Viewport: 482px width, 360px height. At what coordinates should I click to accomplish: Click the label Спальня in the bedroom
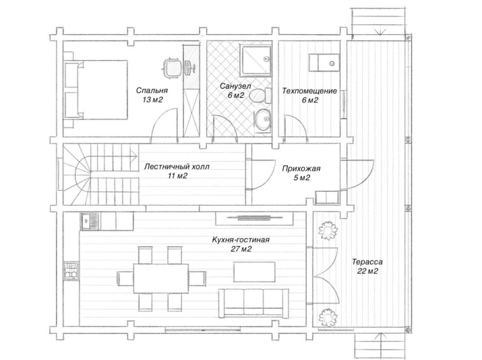point(152,90)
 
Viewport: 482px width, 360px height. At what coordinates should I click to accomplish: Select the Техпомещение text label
point(309,91)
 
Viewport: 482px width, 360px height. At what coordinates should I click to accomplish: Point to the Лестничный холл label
point(177,167)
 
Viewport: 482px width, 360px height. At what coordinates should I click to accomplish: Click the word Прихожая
point(301,169)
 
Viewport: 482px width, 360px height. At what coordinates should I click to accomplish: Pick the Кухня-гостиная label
point(241,239)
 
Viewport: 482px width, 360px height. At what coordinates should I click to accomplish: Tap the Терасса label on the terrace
point(367,262)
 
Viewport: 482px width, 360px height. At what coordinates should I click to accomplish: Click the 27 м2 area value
point(241,249)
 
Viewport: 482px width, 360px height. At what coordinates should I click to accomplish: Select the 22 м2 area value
point(367,271)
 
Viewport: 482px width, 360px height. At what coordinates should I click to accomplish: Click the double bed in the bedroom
point(96,90)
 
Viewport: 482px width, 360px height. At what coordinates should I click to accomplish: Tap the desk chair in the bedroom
point(171,67)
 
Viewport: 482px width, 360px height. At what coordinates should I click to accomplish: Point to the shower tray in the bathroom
point(256,61)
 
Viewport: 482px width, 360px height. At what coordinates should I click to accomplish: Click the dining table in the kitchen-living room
point(160,278)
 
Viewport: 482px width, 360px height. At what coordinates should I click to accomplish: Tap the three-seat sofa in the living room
point(253,303)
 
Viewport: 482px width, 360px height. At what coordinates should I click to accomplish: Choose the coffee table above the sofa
point(254,272)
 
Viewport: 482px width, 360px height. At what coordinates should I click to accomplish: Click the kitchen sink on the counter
point(90,221)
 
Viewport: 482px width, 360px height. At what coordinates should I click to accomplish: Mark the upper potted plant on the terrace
point(328,231)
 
